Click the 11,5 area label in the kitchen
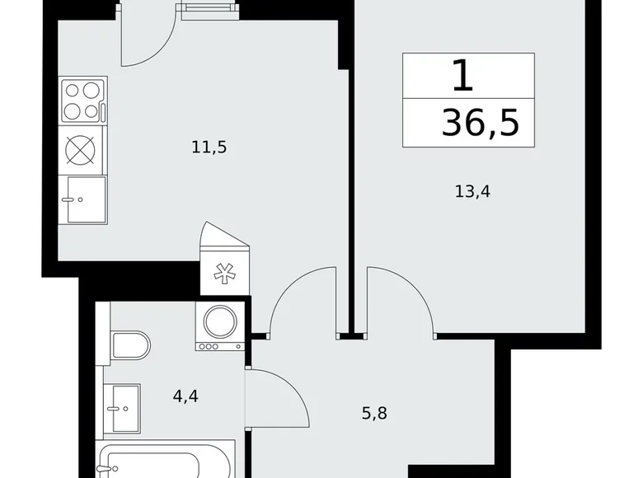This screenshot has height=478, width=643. pyautogui.click(x=209, y=148)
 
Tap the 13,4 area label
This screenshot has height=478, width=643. pyautogui.click(x=472, y=191)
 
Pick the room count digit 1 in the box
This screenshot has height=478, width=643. pyautogui.click(x=463, y=77)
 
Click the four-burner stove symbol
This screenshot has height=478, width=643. pyautogui.click(x=83, y=101)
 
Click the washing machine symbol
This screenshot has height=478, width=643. pyautogui.click(x=220, y=326)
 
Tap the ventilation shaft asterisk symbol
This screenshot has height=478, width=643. pyautogui.click(x=223, y=275)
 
